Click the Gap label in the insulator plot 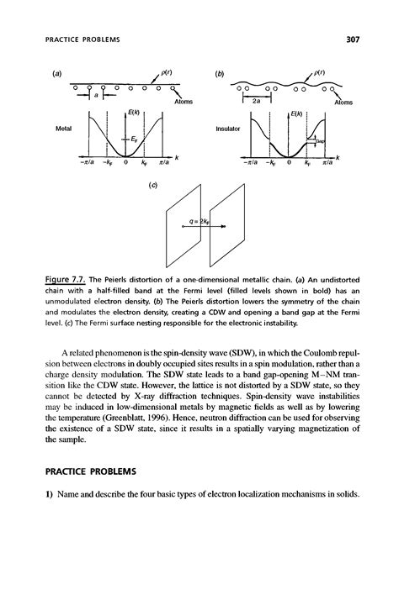[x=321, y=142]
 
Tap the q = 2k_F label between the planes [x=199, y=225]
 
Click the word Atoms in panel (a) [x=183, y=101]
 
